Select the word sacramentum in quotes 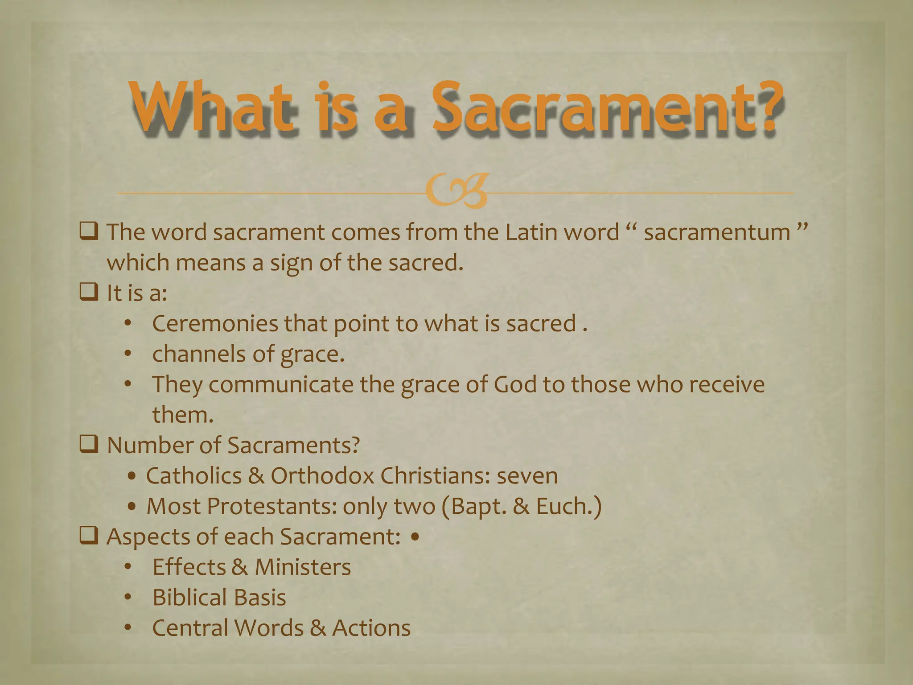(x=717, y=233)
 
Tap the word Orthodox (x=322, y=476)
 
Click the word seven (x=527, y=476)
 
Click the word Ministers (x=303, y=567)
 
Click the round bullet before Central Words (x=128, y=628)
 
